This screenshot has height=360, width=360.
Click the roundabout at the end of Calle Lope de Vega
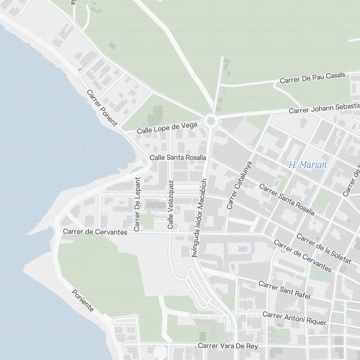[x=211, y=121]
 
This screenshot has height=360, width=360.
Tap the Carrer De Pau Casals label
[x=312, y=77]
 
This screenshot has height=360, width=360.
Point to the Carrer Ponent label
[x=102, y=108]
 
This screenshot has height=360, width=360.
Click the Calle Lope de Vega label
[x=167, y=128]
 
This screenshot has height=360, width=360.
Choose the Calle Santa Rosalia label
[x=178, y=158]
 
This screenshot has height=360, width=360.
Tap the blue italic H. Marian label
[x=308, y=165]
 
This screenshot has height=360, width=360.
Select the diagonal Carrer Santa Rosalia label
[x=287, y=200]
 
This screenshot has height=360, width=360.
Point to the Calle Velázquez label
[x=171, y=204]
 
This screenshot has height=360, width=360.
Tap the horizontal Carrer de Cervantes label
[x=95, y=232]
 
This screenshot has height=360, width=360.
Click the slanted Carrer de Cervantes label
[x=302, y=256]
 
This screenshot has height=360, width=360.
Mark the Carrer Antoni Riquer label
[x=294, y=318]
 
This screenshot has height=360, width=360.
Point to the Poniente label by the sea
[x=83, y=301]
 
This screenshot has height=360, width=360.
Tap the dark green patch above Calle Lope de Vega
[x=156, y=113]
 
